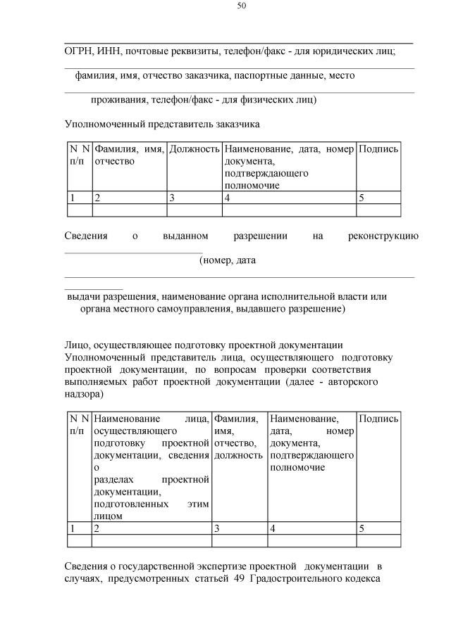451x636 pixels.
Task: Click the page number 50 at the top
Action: click(x=241, y=6)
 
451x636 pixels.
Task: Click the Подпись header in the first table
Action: click(x=378, y=149)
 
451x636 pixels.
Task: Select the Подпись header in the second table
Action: click(x=378, y=419)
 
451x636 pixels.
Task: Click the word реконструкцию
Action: click(x=383, y=236)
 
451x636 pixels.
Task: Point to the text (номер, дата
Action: click(x=227, y=260)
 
